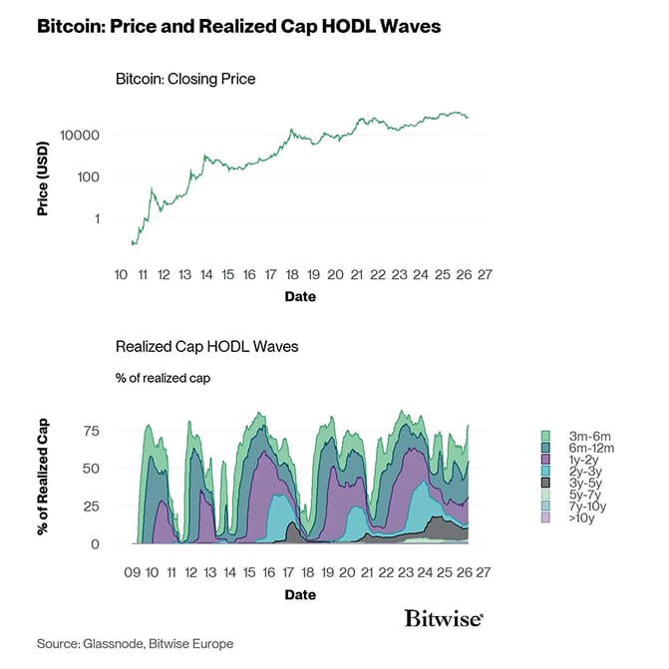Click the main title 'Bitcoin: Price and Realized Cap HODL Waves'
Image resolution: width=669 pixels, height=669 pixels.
238,27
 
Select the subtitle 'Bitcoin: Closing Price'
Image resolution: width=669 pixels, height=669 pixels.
186,78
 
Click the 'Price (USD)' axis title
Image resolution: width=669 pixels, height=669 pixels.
43,177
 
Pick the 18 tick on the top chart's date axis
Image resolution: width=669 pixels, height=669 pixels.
291,273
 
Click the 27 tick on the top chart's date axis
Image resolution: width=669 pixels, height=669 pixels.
486,273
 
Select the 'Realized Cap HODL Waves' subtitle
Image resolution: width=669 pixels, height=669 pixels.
207,347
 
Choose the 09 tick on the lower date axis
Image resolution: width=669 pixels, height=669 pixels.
132,573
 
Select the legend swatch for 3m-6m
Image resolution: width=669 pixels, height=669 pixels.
545,436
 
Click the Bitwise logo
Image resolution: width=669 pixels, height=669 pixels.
445,618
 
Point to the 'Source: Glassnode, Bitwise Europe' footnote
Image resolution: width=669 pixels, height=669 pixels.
135,644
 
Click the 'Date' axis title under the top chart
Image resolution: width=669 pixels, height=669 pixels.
301,296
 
